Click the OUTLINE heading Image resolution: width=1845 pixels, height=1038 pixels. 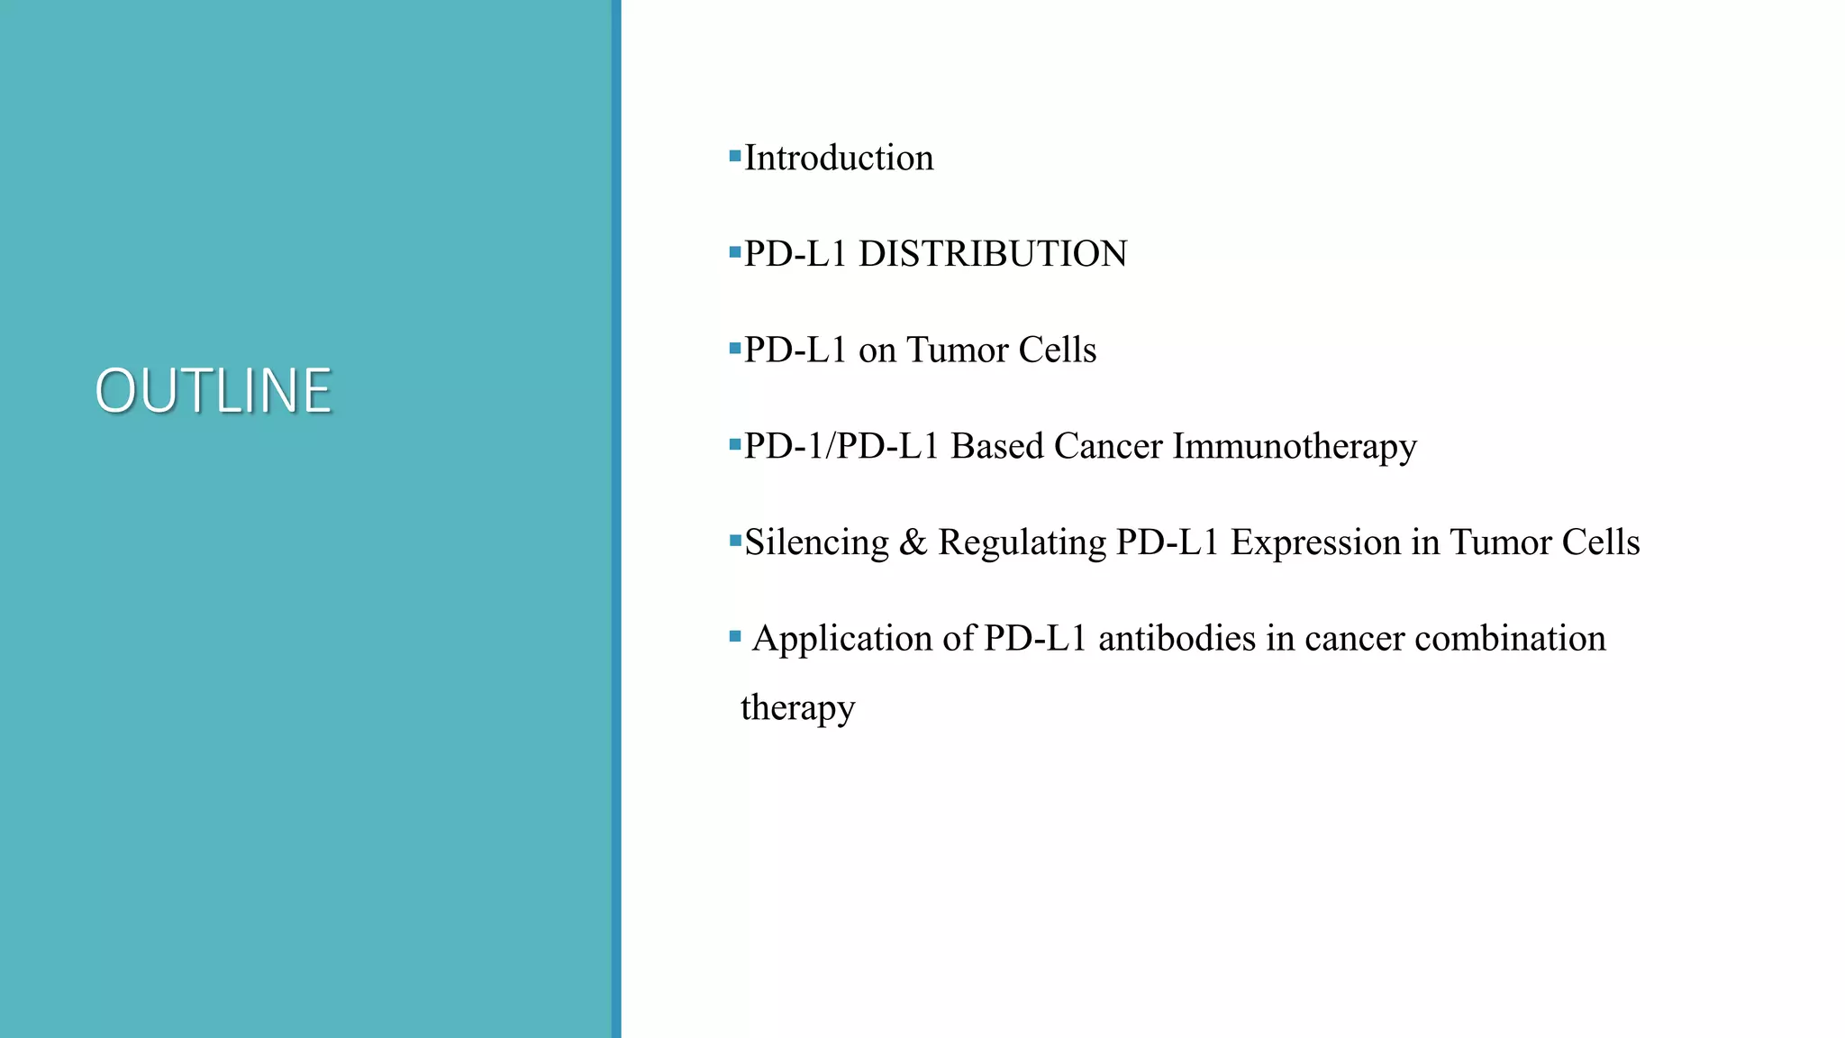(x=214, y=391)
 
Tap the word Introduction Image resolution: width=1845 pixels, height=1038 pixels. (x=839, y=159)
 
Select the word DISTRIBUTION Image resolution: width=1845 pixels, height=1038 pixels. (x=993, y=254)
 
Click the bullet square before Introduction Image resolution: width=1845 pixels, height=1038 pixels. (x=734, y=157)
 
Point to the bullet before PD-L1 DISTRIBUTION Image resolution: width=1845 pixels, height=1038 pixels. (x=734, y=253)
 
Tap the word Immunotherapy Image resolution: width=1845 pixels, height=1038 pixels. (x=1295, y=447)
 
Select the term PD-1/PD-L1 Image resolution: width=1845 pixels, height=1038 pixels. (x=841, y=446)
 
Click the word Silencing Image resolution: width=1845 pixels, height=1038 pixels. (x=816, y=543)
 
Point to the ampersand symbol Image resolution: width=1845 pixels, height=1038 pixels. (x=913, y=542)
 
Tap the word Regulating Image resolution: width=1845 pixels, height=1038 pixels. (x=1022, y=543)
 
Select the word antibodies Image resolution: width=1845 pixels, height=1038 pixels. (x=1177, y=639)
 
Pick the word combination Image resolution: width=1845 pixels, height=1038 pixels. (x=1510, y=639)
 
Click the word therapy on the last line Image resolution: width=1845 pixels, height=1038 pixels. (x=797, y=709)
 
